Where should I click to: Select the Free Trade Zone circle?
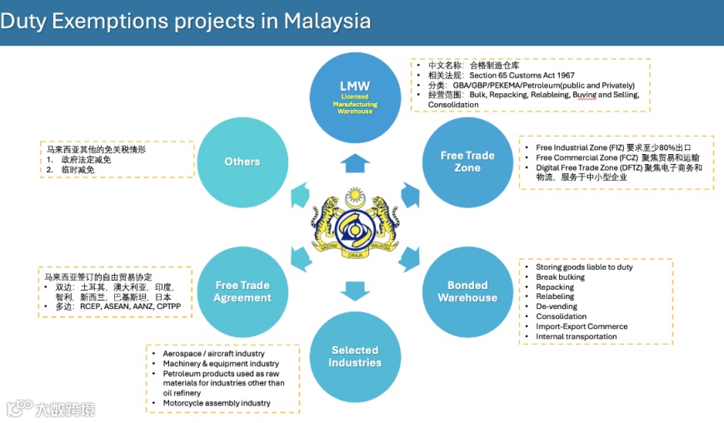coord(467,162)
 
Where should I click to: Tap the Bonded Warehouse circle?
coord(467,291)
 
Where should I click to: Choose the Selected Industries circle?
coord(355,356)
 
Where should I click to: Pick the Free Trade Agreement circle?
coord(242,291)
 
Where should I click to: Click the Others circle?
coord(242,162)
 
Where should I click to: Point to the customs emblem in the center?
coord(355,225)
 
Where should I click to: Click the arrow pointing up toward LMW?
coord(355,162)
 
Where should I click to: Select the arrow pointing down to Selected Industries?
coord(355,290)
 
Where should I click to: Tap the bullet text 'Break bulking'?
coord(560,277)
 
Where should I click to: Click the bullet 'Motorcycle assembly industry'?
coord(217,403)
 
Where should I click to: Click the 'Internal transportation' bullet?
coord(577,336)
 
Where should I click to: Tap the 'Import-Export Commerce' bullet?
coord(582,326)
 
